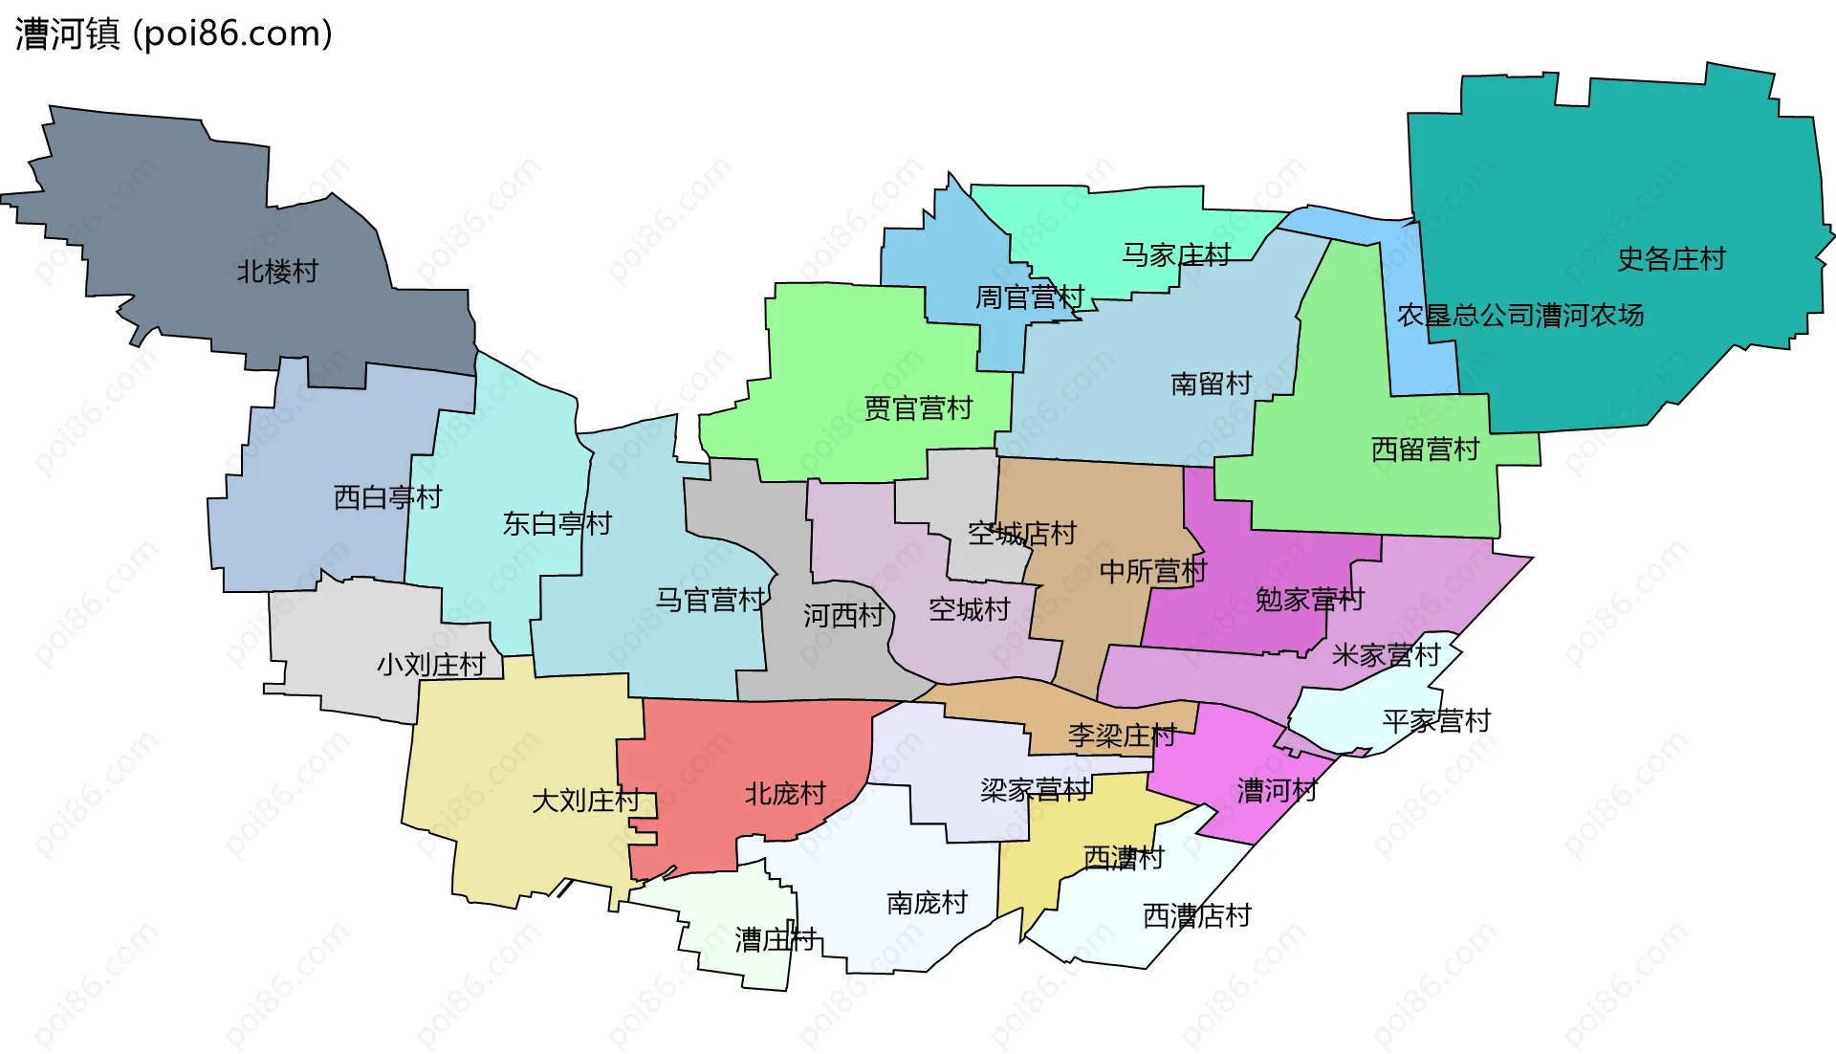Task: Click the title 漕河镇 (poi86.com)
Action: click(173, 33)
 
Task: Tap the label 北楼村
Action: click(277, 272)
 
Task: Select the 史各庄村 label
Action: click(1671, 259)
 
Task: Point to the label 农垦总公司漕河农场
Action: click(1519, 316)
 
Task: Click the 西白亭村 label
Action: click(387, 497)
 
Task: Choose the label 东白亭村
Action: click(557, 524)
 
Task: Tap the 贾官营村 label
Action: click(918, 409)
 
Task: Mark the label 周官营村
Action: click(1029, 297)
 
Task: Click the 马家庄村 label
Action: click(1175, 255)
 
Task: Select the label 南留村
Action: click(1211, 384)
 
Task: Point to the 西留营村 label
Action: click(1425, 450)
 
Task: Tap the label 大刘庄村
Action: click(585, 801)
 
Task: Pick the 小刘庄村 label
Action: click(430, 665)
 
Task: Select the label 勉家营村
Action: click(1309, 601)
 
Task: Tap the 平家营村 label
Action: click(1436, 721)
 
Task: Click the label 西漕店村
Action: click(1196, 916)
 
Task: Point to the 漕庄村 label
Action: click(775, 940)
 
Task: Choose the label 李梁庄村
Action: click(1122, 736)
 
